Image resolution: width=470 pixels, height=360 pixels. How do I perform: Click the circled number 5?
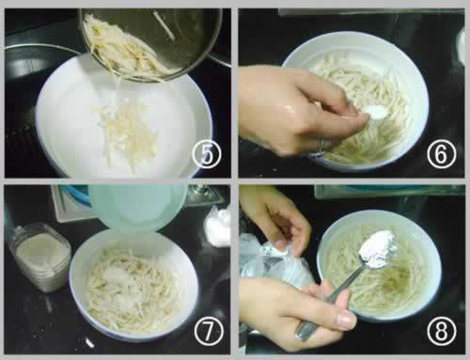click(x=207, y=154)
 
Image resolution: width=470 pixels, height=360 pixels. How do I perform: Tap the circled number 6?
click(x=441, y=154)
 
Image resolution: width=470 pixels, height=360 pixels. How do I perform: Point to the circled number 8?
click(x=441, y=331)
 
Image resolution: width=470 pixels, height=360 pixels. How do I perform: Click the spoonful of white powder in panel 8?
click(x=379, y=249)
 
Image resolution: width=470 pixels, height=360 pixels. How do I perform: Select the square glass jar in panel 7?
click(x=40, y=257)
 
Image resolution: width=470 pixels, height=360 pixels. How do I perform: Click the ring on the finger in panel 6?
click(x=321, y=147)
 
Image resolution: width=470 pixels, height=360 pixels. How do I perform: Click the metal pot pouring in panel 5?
click(x=150, y=44)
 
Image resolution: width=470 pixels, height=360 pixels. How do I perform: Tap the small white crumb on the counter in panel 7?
click(x=89, y=343)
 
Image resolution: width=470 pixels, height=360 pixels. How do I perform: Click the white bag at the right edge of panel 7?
click(x=218, y=227)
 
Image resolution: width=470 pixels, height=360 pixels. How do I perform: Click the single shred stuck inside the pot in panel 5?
click(x=164, y=25)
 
